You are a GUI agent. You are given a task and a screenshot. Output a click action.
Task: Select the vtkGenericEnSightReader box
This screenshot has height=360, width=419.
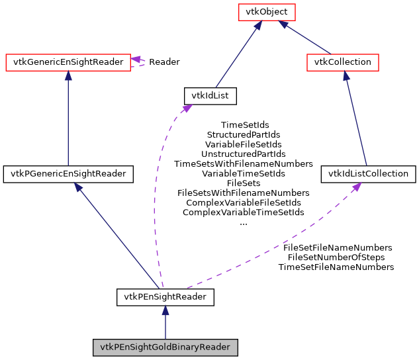(68, 62)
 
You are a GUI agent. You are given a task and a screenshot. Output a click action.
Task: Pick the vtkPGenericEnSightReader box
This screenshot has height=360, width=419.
(69, 174)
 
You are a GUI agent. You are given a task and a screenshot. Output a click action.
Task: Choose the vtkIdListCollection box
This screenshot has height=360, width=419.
(369, 174)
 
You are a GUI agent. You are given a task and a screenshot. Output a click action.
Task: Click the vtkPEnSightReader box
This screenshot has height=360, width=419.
(165, 297)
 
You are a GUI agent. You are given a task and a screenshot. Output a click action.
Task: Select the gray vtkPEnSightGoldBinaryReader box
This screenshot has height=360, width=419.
(165, 347)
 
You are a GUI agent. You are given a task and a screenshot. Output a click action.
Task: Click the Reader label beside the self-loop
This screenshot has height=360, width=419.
(164, 62)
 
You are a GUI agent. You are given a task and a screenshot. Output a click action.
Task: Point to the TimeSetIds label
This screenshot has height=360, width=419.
(244, 124)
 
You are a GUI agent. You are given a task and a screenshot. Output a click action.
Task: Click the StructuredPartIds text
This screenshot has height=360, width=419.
(244, 134)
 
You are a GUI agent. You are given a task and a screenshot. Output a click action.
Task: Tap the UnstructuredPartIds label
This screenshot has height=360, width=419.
(244, 154)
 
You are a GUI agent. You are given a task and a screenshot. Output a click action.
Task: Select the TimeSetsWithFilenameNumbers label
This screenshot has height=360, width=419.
(244, 163)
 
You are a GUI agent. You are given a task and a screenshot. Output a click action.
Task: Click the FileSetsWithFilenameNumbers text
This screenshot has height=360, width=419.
(244, 193)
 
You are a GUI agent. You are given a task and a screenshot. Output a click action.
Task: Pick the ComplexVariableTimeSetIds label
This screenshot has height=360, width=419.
(244, 212)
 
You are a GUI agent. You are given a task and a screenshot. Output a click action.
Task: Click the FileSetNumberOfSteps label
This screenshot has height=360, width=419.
(336, 257)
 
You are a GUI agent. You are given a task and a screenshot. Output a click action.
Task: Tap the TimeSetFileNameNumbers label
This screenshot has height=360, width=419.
(336, 267)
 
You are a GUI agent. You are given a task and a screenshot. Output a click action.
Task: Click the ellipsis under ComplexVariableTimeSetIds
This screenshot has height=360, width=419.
(243, 222)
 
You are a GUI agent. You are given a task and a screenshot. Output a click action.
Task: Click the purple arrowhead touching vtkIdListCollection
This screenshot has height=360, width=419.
(356, 188)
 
